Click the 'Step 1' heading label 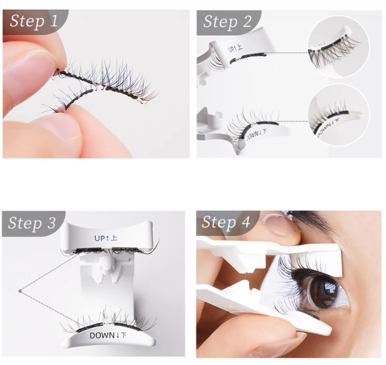(34, 22)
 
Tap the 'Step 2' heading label (227, 22)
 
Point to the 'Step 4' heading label (226, 222)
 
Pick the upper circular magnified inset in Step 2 (338, 47)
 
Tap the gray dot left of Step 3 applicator (20, 291)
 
